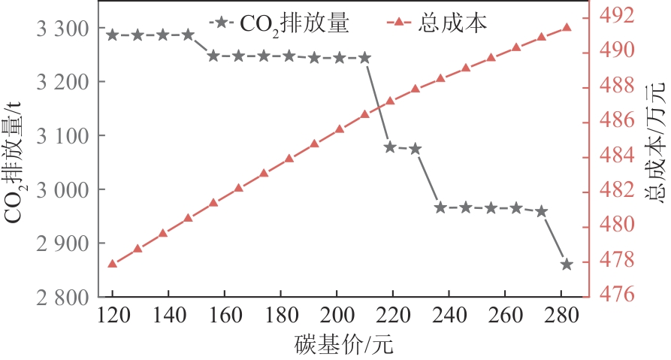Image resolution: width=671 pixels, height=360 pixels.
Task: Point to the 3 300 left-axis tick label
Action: coord(63,29)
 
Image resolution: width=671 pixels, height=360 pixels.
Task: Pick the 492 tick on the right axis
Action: coord(613,14)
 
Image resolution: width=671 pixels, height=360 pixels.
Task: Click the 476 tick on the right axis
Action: coord(613,295)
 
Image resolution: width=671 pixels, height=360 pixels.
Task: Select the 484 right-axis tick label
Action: coord(613,155)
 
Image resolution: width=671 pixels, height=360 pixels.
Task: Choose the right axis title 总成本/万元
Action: coord(655,156)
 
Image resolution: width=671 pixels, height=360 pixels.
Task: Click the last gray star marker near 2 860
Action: coord(567,265)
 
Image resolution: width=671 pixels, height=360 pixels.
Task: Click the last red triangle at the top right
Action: coord(567,28)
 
